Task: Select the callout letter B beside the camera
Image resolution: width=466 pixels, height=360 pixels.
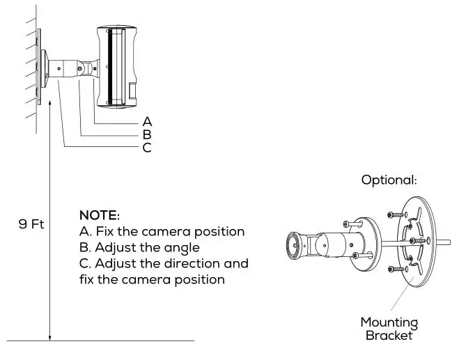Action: (x=147, y=134)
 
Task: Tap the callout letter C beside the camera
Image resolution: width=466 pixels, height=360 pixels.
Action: (x=147, y=148)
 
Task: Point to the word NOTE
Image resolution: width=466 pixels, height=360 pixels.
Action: (x=100, y=214)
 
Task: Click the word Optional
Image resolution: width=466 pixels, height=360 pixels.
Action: (x=389, y=180)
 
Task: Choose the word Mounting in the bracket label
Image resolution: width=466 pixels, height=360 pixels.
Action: (x=389, y=322)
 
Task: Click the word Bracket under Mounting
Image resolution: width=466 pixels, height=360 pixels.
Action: (x=389, y=336)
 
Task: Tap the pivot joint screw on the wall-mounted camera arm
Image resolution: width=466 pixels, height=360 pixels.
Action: (x=89, y=69)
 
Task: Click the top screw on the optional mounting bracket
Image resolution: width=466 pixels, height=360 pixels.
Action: (x=394, y=215)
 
